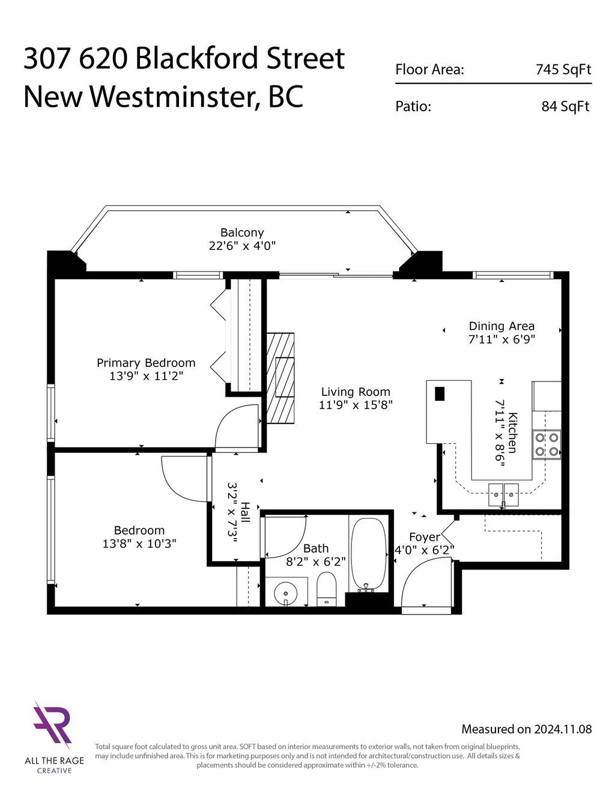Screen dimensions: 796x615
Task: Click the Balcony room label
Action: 242,232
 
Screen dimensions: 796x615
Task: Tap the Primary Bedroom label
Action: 146,363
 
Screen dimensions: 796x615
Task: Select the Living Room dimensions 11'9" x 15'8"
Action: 356,405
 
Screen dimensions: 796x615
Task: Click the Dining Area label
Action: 501,326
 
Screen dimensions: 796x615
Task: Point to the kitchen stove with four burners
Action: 547,445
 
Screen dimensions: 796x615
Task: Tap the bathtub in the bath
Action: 368,552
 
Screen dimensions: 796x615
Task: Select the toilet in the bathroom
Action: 326,588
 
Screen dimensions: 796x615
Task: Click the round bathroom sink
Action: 286,594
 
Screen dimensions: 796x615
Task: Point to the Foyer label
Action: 425,537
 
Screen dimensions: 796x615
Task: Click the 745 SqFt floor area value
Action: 563,70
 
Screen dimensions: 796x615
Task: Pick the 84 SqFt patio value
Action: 566,107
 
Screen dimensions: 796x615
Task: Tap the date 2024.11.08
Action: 563,729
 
